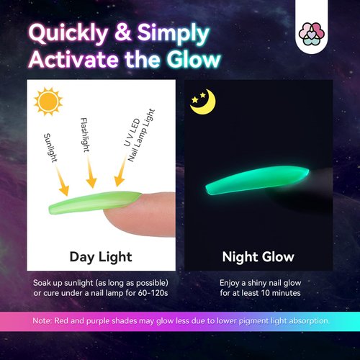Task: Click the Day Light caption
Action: (x=100, y=256)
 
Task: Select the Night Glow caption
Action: (x=258, y=256)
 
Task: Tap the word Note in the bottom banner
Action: (x=44, y=320)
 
